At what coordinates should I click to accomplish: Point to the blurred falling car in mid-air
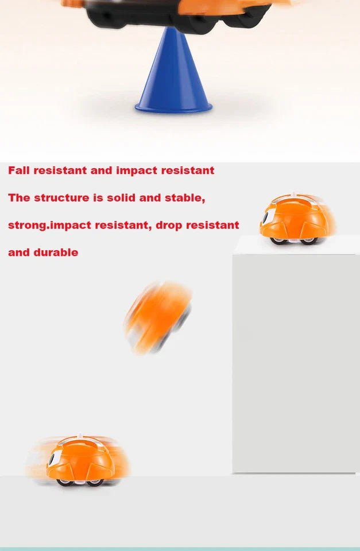158,317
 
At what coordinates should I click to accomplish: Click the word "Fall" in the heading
19,170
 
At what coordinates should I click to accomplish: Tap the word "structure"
61,198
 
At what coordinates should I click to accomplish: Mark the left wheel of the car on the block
278,240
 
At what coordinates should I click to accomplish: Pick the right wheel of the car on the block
308,240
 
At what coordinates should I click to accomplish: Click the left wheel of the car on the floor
65,482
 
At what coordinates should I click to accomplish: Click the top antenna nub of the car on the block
294,194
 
